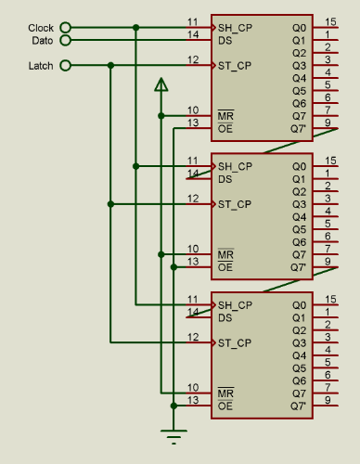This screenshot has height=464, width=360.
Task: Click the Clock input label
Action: pyautogui.click(x=41, y=28)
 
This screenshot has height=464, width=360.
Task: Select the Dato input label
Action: pyautogui.click(x=42, y=40)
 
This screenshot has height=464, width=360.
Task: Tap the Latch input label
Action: pyautogui.click(x=41, y=65)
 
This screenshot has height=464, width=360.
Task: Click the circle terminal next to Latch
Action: pyautogui.click(x=65, y=65)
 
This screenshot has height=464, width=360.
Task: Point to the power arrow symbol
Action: pyautogui.click(x=161, y=85)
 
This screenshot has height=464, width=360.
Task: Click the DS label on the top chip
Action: pyautogui.click(x=225, y=40)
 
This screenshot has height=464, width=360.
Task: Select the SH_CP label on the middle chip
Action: pyautogui.click(x=234, y=166)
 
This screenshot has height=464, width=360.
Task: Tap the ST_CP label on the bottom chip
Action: pyautogui.click(x=234, y=343)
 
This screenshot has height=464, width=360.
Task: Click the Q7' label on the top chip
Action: pyautogui.click(x=298, y=128)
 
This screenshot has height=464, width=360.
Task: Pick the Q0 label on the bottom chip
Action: pyautogui.click(x=298, y=305)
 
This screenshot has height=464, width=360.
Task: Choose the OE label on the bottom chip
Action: pyautogui.click(x=225, y=406)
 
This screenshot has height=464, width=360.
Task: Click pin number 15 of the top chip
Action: pyautogui.click(x=330, y=20)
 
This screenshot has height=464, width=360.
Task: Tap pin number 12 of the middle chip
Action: pyautogui.click(x=192, y=198)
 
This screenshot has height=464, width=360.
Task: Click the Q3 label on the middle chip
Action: pyautogui.click(x=298, y=204)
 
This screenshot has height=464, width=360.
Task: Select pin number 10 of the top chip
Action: pyautogui.click(x=192, y=110)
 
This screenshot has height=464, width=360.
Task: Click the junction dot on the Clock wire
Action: pyautogui.click(x=136, y=28)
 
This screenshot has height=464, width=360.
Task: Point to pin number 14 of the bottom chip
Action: pyautogui.click(x=192, y=312)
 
